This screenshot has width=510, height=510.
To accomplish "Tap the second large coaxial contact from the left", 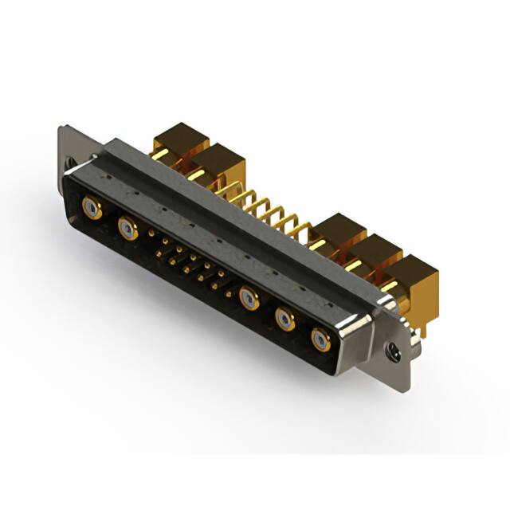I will tap(127, 229).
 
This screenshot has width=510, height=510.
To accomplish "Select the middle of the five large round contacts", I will tap(249, 299).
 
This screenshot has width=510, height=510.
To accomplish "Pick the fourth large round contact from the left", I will tap(285, 320).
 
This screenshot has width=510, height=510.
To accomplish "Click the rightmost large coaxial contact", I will tap(320, 339).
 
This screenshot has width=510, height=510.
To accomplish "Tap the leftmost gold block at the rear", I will tap(180, 140).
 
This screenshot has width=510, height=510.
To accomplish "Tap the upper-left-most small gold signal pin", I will tap(151, 233).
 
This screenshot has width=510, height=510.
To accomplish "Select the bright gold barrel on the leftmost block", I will tap(159, 154).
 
